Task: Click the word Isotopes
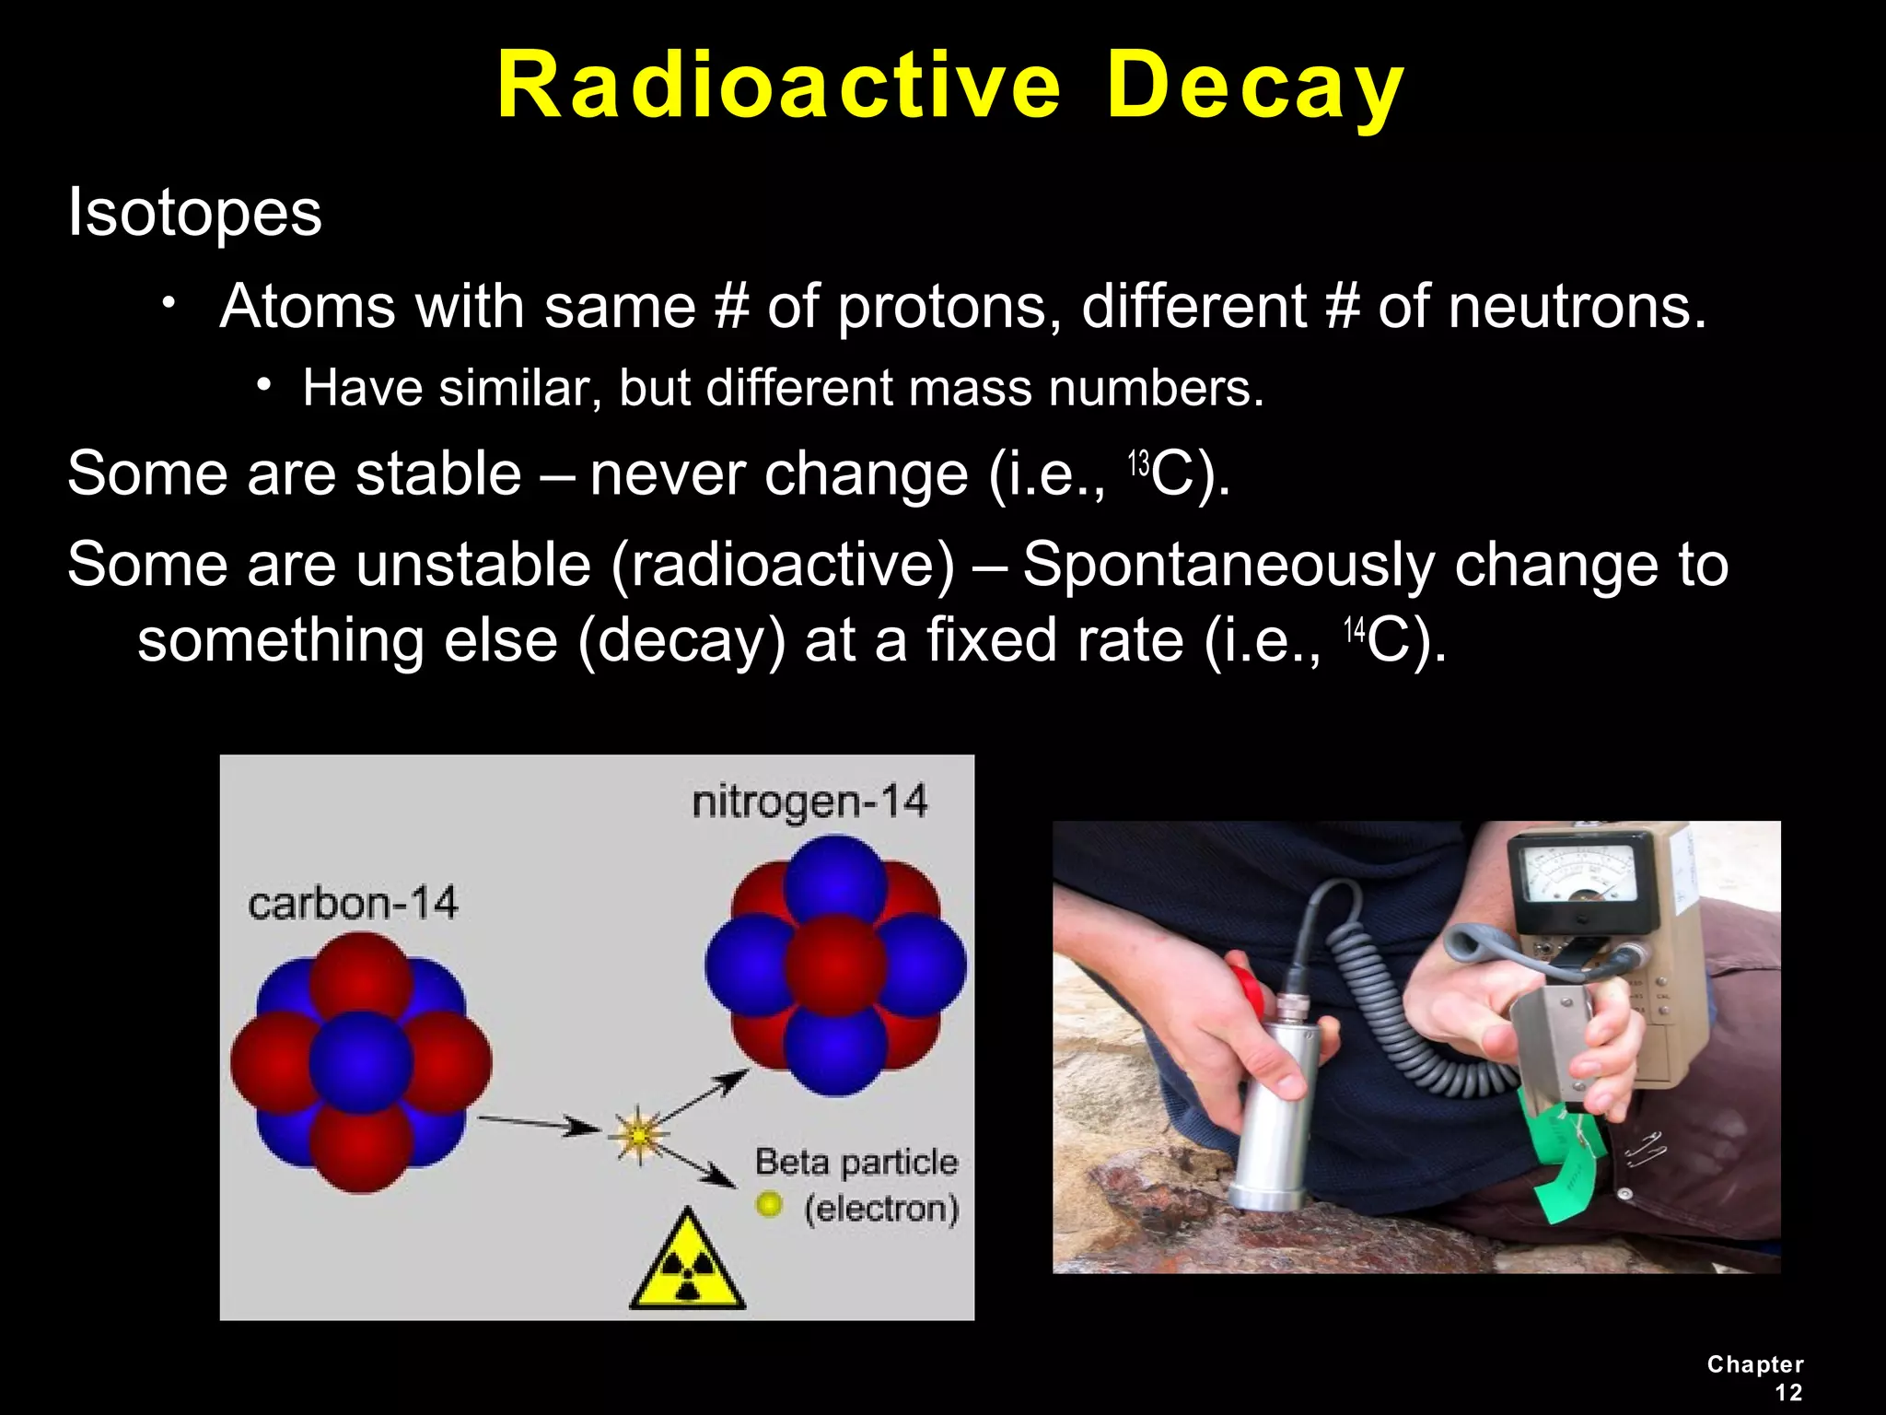click(x=194, y=213)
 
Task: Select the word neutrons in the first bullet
click(x=1577, y=306)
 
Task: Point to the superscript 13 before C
click(x=1139, y=463)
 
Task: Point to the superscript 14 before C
click(x=1354, y=631)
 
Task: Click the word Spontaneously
click(x=1228, y=564)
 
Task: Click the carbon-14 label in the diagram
click(x=353, y=903)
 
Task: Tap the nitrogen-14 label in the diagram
click(x=809, y=801)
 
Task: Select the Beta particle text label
click(x=856, y=1163)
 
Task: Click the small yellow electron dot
click(x=769, y=1204)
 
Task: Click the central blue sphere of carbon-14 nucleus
click(x=360, y=1062)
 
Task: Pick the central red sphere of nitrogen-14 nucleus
click(x=835, y=965)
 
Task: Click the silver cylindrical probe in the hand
click(x=1272, y=1105)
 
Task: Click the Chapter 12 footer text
click(x=1755, y=1378)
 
